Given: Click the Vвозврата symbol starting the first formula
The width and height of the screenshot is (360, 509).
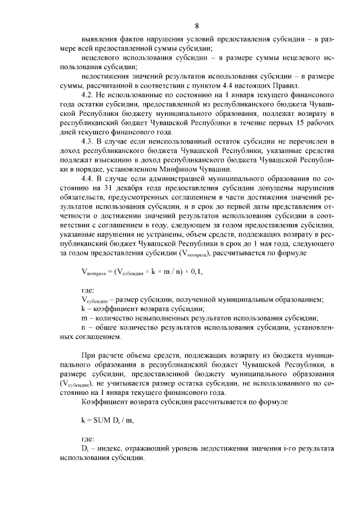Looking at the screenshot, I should tap(94, 272).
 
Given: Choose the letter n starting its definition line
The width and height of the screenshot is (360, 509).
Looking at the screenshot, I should tap(83, 328).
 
